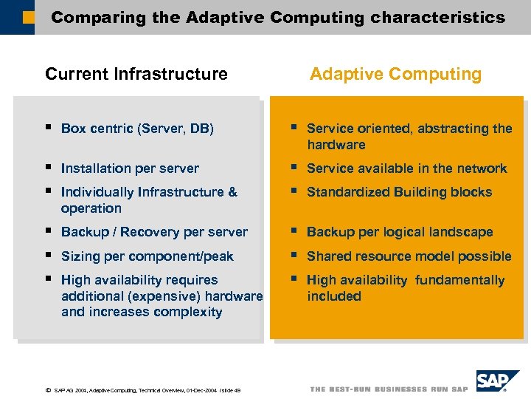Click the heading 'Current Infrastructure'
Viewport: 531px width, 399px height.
point(136,74)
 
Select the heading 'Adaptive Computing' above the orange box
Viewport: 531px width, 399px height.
point(395,74)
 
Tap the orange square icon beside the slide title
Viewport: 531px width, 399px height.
point(27,17)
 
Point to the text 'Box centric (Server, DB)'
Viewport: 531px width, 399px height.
point(137,129)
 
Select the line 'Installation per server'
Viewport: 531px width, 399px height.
point(130,168)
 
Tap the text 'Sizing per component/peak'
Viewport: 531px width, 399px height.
point(147,256)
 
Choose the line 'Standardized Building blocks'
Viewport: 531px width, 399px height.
point(399,192)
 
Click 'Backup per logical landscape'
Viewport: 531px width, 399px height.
point(399,232)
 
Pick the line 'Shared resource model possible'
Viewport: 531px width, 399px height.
point(409,256)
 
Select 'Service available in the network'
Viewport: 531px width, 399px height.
point(406,168)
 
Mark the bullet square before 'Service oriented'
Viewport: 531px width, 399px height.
point(294,127)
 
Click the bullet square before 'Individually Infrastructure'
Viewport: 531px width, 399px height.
point(48,191)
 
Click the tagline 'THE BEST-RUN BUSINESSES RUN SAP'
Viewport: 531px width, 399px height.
point(389,389)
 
